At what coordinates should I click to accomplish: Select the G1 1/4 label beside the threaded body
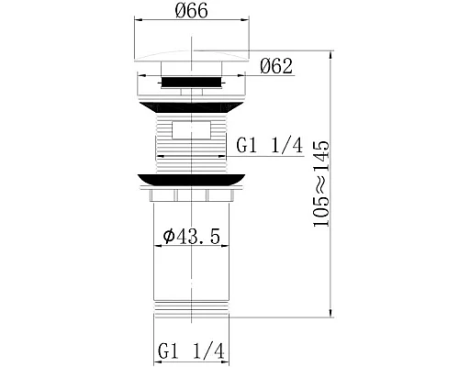coord(269,144)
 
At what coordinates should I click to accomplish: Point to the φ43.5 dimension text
coord(191,239)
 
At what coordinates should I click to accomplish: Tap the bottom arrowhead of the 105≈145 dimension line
coord(330,313)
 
